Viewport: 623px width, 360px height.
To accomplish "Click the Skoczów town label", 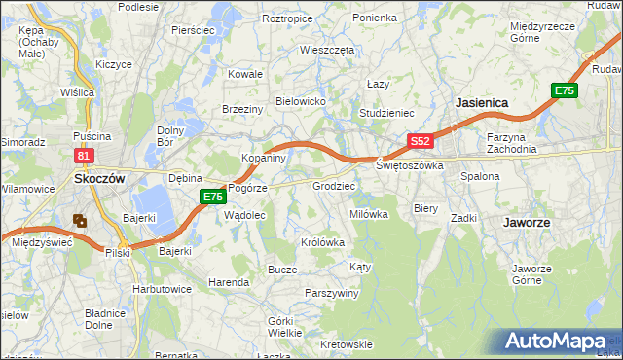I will [97, 179].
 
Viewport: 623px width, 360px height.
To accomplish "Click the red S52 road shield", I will [420, 141].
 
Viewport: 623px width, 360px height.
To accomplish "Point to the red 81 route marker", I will [84, 156].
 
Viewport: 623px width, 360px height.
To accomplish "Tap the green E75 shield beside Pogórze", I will [213, 197].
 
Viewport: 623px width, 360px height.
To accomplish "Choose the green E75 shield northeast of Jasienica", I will [564, 90].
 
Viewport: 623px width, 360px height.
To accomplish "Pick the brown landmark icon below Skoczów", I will [80, 221].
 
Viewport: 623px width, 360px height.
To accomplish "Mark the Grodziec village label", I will [333, 185].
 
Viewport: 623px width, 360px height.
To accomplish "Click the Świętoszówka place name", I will [410, 166].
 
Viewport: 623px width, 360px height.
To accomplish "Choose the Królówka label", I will [323, 242].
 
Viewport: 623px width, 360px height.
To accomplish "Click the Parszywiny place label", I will [332, 293].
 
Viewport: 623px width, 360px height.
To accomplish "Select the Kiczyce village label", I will [114, 64].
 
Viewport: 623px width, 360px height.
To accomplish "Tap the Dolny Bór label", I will [171, 136].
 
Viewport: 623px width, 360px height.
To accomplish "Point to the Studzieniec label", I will [387, 113].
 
